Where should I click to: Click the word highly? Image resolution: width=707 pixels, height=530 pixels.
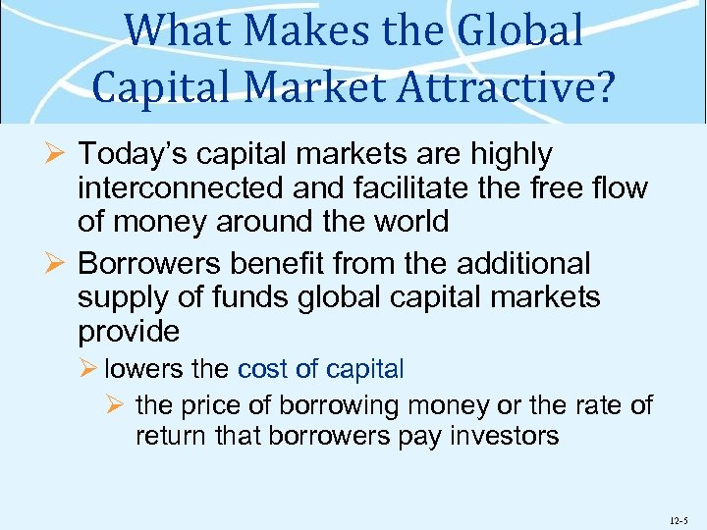pyautogui.click(x=506, y=154)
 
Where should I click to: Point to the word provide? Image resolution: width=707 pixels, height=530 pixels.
pyautogui.click(x=129, y=331)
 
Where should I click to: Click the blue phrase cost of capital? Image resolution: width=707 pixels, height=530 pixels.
pyautogui.click(x=321, y=370)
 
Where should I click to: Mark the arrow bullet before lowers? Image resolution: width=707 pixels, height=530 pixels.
pyautogui.click(x=89, y=370)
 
